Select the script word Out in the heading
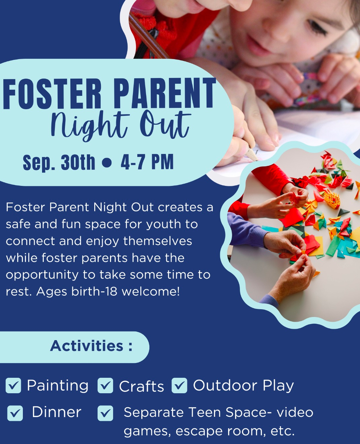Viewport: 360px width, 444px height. pos(165,124)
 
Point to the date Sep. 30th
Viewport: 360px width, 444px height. pos(59,162)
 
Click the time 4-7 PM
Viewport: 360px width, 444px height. pos(147,162)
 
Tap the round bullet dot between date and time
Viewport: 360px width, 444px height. pos(106,163)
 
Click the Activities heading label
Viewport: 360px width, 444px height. pos(91,346)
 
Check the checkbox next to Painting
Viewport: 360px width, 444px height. pos(13,386)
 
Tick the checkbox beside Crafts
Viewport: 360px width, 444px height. pos(105,386)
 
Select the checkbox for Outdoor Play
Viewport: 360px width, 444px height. pos(179,386)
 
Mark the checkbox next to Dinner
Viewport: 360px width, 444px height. pos(15,413)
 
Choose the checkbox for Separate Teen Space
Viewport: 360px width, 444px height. pos(105,413)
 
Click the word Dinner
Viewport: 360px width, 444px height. pos(57,412)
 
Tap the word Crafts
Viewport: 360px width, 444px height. pos(142,387)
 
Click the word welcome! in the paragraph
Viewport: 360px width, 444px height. pos(151,291)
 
